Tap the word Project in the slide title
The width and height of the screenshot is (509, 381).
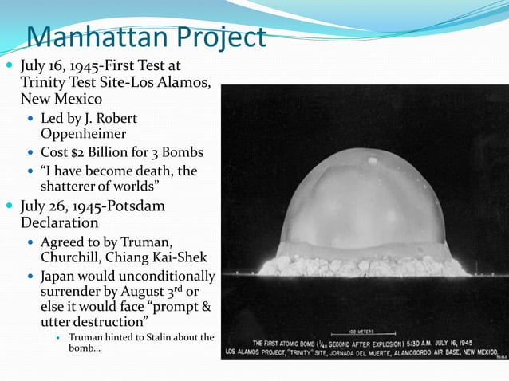tap(218, 37)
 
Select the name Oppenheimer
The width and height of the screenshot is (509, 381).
tap(83, 134)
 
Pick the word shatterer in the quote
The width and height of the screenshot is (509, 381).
tap(72, 187)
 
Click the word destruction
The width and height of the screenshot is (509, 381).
tap(116, 322)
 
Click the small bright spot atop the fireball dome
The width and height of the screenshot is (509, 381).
tap(373, 162)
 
